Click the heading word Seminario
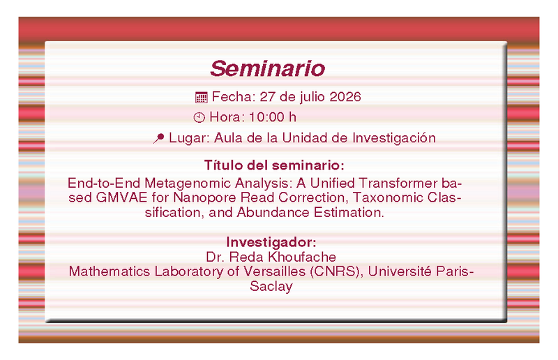[x=268, y=68]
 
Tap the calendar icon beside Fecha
[x=201, y=97]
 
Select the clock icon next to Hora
[x=199, y=117]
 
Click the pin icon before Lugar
[x=159, y=138]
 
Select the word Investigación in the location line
[x=394, y=138]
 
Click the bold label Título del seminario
[x=274, y=165]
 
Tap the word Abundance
[x=273, y=213]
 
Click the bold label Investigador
[x=271, y=243]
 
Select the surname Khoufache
[x=302, y=257]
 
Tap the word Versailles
[x=274, y=271]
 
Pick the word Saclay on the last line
[x=271, y=286]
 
